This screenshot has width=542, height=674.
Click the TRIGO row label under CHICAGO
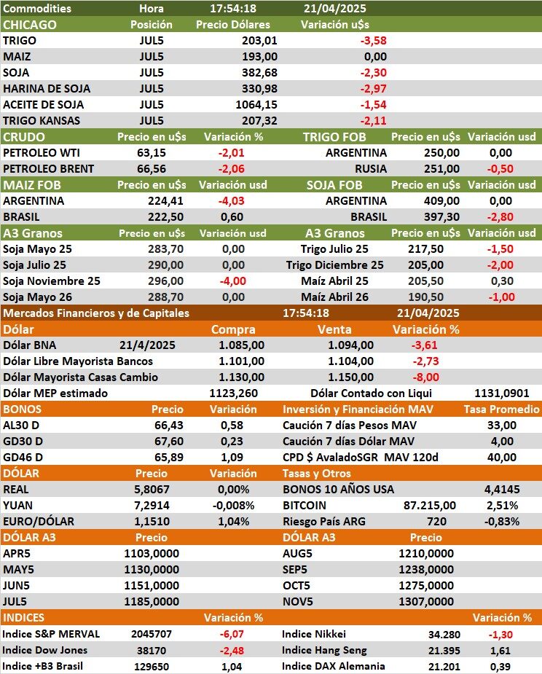20,41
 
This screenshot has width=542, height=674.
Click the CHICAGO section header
30,25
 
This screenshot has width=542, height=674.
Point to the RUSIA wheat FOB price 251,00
441,168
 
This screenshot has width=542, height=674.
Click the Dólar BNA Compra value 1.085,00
242,345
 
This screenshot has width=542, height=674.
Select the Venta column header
334,329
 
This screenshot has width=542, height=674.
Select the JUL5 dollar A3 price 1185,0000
152,601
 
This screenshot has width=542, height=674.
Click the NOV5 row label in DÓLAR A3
298,601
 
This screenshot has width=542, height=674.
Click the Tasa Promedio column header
501,410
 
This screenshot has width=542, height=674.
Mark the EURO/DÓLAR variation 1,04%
237,521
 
